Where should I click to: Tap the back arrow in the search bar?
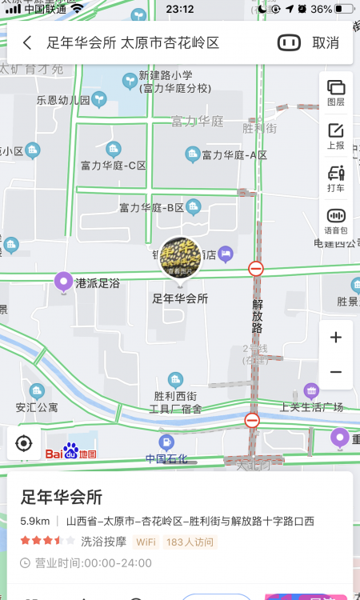tap(28, 43)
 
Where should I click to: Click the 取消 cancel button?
tap(325, 43)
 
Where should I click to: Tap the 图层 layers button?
tap(336, 93)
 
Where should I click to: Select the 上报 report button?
tap(336, 136)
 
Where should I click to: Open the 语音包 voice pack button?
tap(336, 221)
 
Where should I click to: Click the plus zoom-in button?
tap(336, 338)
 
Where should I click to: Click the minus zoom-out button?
tap(336, 372)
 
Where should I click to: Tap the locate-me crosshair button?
tap(24, 442)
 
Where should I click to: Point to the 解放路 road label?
tap(257, 315)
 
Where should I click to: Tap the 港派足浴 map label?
tap(97, 283)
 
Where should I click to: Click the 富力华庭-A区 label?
tap(234, 155)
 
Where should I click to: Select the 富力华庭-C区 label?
tap(113, 166)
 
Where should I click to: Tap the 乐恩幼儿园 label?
tap(63, 101)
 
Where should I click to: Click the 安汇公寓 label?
tap(37, 407)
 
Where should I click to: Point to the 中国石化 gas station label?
tap(166, 458)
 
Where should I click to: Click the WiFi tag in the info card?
tap(146, 542)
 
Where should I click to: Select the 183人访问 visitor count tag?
tap(190, 542)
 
